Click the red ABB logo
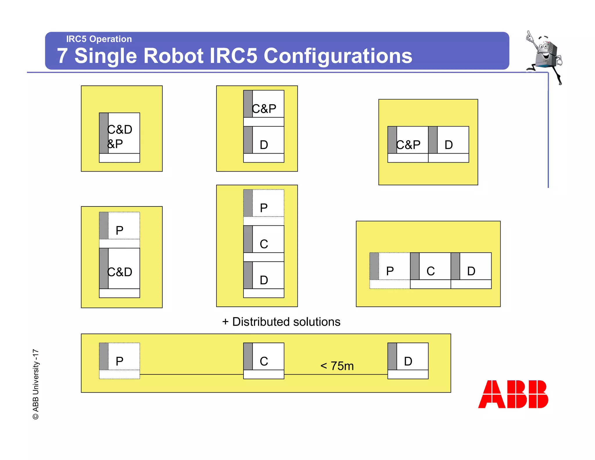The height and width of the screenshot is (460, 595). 513,394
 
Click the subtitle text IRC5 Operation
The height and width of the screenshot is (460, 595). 99,39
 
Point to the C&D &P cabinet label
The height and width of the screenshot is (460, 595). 119,136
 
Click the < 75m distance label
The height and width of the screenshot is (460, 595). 337,366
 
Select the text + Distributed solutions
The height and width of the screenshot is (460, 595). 281,322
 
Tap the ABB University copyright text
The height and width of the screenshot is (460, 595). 36,384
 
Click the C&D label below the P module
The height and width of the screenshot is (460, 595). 119,272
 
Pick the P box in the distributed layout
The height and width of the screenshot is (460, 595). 119,361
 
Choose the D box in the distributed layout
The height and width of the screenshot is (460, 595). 408,361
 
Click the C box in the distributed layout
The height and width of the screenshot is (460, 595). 264,361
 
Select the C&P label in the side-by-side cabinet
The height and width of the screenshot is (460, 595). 408,145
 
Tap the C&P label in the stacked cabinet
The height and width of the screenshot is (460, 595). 264,108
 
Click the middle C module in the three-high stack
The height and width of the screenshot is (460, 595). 264,243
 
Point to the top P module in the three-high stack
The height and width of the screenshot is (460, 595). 264,207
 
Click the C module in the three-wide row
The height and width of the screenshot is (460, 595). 430,271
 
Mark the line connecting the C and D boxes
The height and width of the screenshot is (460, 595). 336,375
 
